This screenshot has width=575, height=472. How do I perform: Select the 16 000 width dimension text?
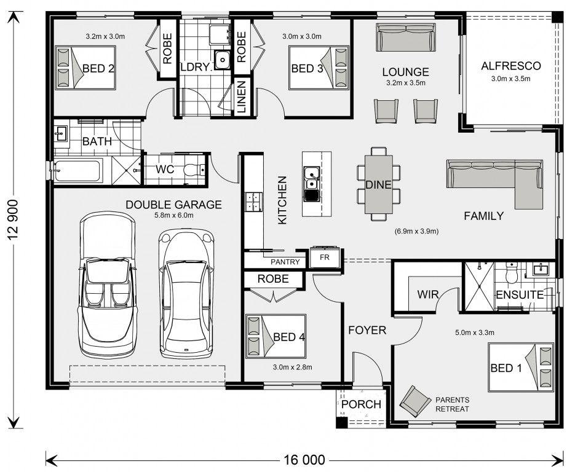click(304, 460)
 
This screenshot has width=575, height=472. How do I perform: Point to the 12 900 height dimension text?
click(14, 219)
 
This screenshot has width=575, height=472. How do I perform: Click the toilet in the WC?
click(193, 170)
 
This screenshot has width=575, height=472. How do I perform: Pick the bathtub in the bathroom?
click(77, 171)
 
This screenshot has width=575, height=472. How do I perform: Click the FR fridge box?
click(325, 258)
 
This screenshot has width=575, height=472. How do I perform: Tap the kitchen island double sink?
click(311, 184)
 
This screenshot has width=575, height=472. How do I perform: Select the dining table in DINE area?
click(378, 184)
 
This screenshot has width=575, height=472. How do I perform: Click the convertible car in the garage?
click(108, 285)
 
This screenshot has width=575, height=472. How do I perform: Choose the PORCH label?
click(361, 404)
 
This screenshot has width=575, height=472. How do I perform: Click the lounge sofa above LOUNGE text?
click(406, 37)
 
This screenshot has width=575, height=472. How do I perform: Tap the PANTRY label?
click(285, 262)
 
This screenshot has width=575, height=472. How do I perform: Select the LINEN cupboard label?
click(241, 96)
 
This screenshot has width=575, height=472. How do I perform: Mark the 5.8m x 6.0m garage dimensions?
click(174, 215)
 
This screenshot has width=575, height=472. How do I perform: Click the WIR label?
click(427, 294)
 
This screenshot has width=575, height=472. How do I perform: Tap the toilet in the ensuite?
click(510, 273)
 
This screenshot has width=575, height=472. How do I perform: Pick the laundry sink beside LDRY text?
click(222, 60)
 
